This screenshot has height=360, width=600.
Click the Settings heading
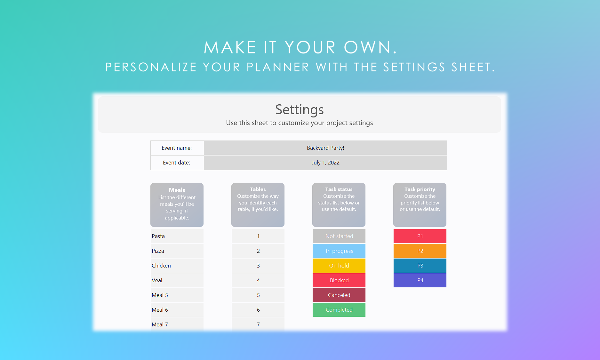point(300,109)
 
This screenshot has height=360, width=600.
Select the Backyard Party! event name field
point(325,148)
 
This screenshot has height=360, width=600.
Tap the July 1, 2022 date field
point(325,163)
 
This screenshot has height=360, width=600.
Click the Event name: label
point(177,148)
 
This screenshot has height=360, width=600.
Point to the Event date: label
point(177,163)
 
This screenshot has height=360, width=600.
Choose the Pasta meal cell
point(177,236)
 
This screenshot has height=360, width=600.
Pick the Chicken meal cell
point(177,266)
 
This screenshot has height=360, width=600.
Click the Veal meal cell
point(177,280)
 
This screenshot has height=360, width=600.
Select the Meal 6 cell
point(177,310)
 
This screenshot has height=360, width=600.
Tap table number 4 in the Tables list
point(258,280)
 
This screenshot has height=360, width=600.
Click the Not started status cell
point(339,236)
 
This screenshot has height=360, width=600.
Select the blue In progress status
point(339,251)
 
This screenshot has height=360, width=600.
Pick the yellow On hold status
point(339,266)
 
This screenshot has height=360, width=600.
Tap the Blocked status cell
point(339,280)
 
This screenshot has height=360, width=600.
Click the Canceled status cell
point(339,295)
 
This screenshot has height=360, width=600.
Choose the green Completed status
point(339,310)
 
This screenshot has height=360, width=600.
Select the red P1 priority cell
point(420,236)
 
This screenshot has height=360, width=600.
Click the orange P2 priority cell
point(420,251)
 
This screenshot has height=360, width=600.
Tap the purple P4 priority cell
point(420,280)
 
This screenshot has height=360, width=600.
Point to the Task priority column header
point(420,205)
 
